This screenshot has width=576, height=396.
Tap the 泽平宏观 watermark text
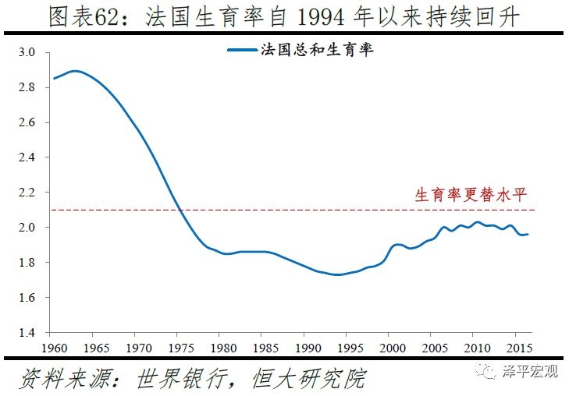coord(531,372)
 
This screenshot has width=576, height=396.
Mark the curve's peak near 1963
coord(75,71)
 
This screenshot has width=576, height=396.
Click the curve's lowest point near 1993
coord(337,274)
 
